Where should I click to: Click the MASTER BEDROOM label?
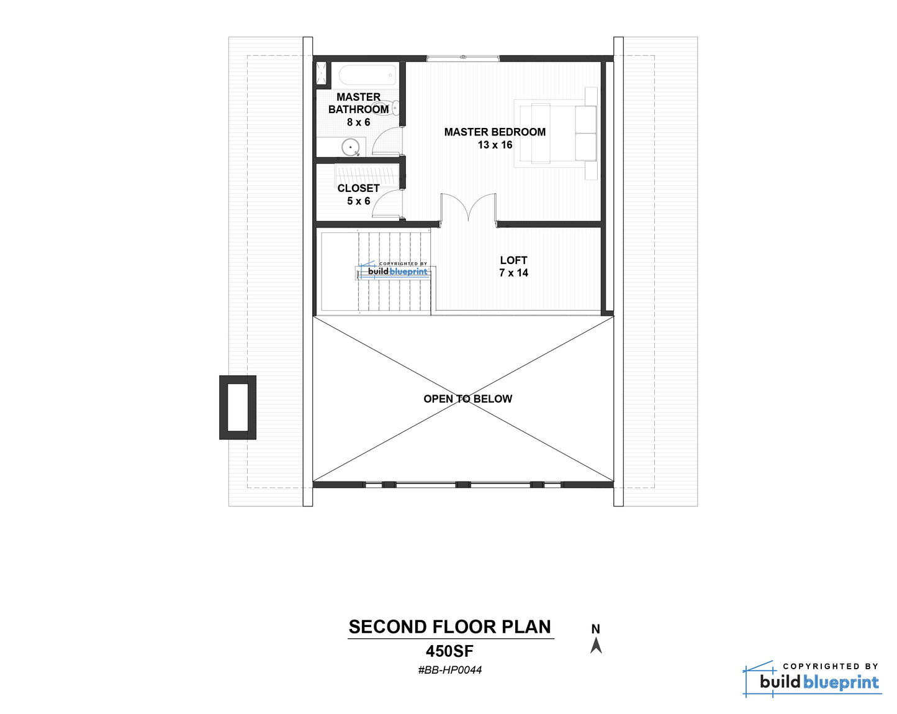click(495, 132)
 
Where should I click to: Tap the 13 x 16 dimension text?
click(495, 145)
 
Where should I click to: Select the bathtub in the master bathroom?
click(367, 75)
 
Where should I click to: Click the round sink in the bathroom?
click(350, 147)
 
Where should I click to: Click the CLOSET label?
click(358, 188)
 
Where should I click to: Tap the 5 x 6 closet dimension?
click(358, 201)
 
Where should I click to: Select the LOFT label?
click(513, 260)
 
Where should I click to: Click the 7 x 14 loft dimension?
click(513, 273)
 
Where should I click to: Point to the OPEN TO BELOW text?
click(467, 398)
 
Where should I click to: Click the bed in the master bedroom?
click(555, 134)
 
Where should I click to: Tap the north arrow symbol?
click(596, 645)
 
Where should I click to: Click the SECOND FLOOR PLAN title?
click(450, 627)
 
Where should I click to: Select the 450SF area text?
click(450, 651)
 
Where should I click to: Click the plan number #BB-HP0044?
click(450, 670)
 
